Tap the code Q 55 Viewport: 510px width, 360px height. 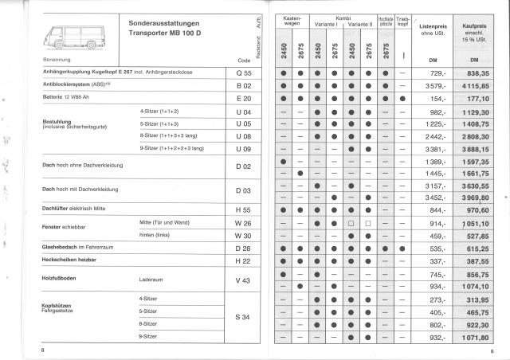click(x=244, y=72)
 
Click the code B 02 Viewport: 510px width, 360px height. click(x=244, y=84)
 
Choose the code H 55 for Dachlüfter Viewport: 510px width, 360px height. click(x=244, y=209)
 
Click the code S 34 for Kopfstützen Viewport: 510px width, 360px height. click(x=244, y=318)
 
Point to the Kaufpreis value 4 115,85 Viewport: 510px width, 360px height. click(x=473, y=85)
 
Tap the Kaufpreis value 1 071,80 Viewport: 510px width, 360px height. click(x=473, y=339)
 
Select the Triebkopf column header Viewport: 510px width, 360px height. click(x=405, y=22)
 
